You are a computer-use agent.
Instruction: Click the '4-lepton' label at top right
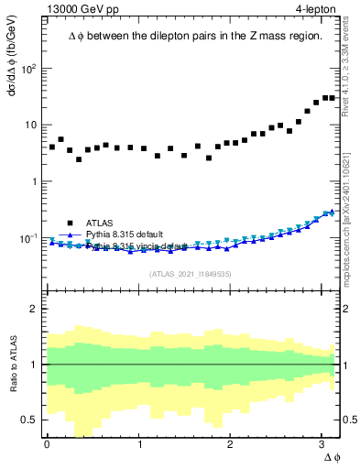click(314, 10)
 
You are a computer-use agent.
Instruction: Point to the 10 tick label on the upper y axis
click(30, 125)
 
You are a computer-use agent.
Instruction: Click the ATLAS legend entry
click(100, 223)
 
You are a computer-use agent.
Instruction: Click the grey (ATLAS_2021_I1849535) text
click(190, 273)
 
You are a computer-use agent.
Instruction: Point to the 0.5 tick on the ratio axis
click(31, 420)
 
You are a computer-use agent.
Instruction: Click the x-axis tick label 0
click(47, 444)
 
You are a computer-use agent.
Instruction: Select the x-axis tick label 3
click(322, 444)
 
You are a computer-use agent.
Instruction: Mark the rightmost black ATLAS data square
click(332, 98)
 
